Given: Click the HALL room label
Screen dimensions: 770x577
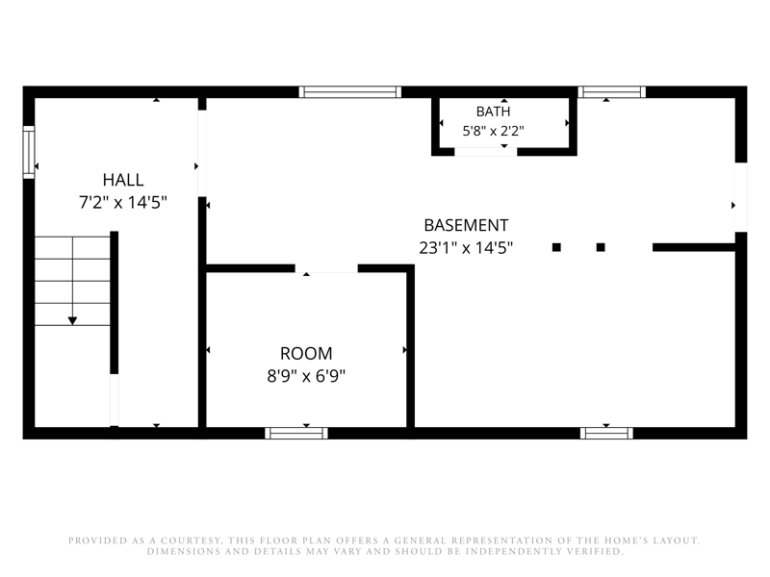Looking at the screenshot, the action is point(123,180).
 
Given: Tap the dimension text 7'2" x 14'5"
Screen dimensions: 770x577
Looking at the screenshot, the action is point(123,202).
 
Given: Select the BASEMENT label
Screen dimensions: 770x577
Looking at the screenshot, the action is point(466,225).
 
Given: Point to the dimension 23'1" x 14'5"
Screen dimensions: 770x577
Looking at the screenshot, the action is point(466,247).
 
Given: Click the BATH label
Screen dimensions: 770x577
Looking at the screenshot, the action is point(494,112).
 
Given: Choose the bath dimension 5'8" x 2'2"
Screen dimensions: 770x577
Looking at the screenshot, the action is point(494,131).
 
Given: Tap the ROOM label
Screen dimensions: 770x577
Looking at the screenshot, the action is point(306,353).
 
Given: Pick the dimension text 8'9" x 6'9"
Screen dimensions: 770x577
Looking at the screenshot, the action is point(306,376).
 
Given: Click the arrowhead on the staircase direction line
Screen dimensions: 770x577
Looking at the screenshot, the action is point(73,321).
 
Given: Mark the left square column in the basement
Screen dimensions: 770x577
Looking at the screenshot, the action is point(556,247).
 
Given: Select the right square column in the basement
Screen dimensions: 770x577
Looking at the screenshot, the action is point(601,247).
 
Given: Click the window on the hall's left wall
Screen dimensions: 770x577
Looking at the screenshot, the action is point(29,152).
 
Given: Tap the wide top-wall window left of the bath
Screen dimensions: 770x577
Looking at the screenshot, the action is point(350,91).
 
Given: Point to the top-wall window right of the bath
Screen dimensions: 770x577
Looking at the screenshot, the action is point(612,91).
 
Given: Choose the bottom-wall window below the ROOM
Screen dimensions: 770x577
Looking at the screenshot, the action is point(296,433).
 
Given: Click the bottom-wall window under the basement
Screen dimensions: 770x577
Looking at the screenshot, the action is point(606,433).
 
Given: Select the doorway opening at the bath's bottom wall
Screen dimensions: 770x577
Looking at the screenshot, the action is point(486,152).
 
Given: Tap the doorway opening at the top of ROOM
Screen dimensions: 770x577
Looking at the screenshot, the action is point(326,268).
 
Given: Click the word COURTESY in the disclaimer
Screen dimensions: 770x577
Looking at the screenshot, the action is point(189,540).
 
